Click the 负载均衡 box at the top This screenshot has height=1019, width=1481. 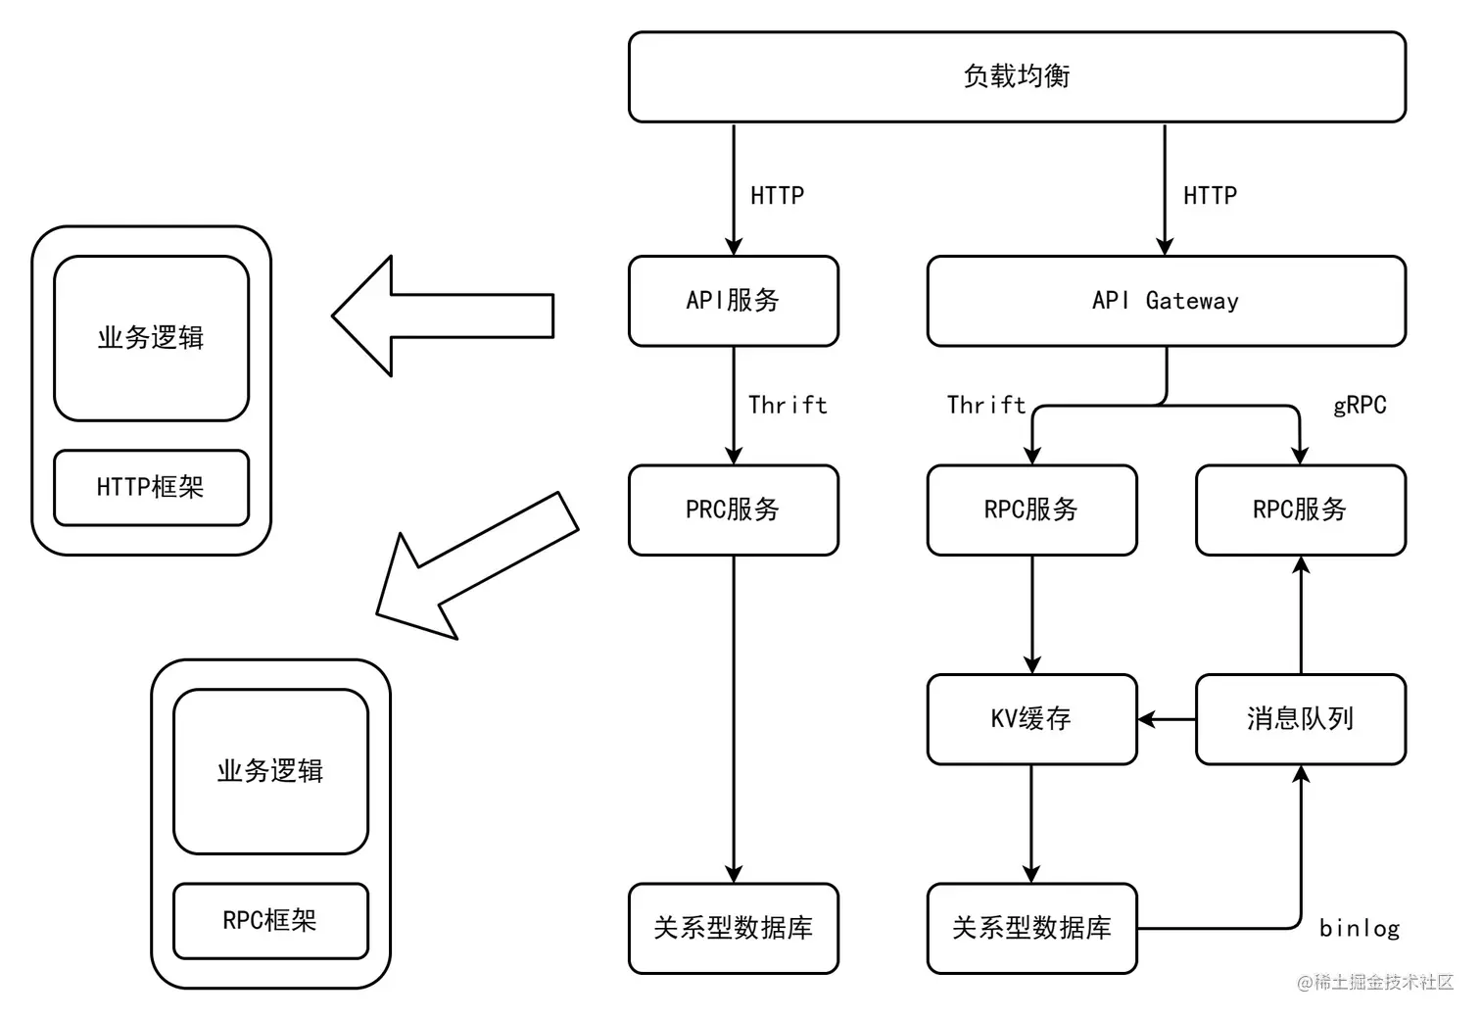tap(1017, 76)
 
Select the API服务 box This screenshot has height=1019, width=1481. tap(733, 301)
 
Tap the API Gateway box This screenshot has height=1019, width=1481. tap(1166, 301)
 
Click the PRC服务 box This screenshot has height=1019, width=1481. tap(733, 509)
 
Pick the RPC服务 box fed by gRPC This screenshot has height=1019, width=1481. tap(1300, 509)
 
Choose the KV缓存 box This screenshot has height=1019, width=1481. tap(1031, 719)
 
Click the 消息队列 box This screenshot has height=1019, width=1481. tap(1300, 719)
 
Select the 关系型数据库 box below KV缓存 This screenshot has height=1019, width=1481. tap(1031, 928)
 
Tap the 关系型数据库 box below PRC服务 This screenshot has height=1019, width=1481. tap(733, 928)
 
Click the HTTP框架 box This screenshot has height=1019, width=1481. tap(151, 487)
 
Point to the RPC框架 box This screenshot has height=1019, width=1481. tap(270, 921)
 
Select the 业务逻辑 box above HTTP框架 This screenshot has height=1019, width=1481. tap(151, 338)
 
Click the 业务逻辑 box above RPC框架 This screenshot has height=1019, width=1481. tap(270, 771)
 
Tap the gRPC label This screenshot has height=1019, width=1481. tap(1360, 406)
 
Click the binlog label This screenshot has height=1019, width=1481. tap(1360, 928)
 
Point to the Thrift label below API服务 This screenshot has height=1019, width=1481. tap(788, 406)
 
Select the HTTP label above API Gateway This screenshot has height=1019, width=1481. tap(1210, 196)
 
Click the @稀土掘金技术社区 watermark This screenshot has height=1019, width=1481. tap(1375, 983)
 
